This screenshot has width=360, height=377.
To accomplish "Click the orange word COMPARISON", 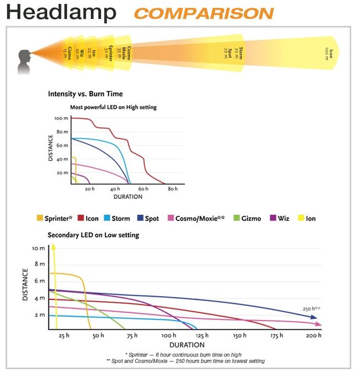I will (204, 13).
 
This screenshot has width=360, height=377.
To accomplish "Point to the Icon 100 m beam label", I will (329, 54).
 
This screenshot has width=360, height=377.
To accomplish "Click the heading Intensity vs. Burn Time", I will (85, 94).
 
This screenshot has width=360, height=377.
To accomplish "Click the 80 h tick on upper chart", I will (172, 189).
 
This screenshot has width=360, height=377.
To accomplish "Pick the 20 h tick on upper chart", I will (90, 189).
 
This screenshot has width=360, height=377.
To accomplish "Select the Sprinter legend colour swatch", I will (39, 219).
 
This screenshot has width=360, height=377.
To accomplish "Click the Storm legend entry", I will (117, 219).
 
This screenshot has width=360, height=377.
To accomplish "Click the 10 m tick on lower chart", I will (38, 249).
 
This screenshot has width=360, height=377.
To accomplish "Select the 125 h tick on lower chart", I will (202, 335).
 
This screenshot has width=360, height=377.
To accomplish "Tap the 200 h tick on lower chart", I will (313, 335).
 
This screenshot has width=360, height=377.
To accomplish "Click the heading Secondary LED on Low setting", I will (94, 235).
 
